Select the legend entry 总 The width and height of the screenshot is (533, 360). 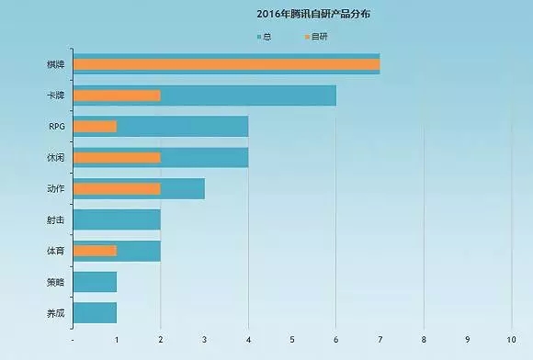[x=265, y=36]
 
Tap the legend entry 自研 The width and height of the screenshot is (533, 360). [x=315, y=36]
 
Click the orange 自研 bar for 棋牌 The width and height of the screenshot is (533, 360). [x=225, y=64]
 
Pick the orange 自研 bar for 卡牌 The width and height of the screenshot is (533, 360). [x=116, y=96]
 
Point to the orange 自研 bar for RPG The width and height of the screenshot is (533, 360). [x=95, y=126]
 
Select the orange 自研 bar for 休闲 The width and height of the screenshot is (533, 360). [x=116, y=157]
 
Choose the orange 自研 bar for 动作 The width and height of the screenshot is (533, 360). [x=116, y=188]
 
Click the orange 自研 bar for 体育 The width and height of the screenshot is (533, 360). [x=95, y=251]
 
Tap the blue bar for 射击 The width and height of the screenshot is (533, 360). [x=116, y=219]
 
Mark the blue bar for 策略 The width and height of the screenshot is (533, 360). [x=95, y=282]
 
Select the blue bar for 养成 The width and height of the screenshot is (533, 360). [x=95, y=312]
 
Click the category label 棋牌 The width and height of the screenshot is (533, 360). [x=54, y=64]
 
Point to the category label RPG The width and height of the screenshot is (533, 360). [x=56, y=126]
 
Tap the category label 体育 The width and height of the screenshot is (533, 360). [x=54, y=251]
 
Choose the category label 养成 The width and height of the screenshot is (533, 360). [x=54, y=312]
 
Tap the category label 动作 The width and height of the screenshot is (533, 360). [x=54, y=188]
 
